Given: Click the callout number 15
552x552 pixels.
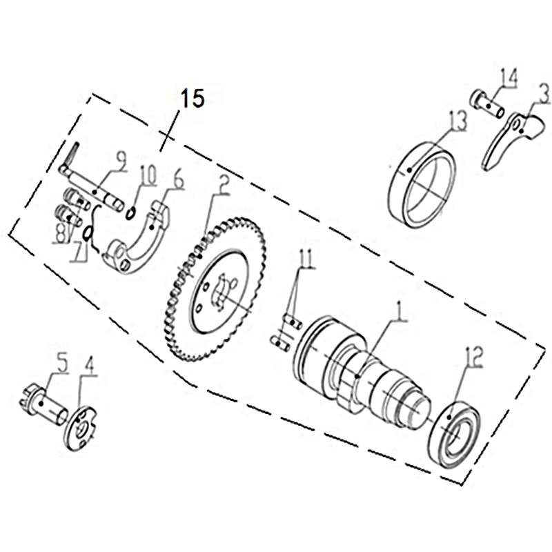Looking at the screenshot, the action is tap(193, 98).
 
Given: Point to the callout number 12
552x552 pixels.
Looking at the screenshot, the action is tap(475, 356).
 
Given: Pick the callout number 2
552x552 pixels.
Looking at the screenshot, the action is tap(223, 186).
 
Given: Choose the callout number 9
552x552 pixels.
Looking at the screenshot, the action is tap(119, 162).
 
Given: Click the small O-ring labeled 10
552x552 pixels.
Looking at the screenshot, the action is tap(130, 214).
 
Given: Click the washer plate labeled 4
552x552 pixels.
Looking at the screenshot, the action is tap(80, 427).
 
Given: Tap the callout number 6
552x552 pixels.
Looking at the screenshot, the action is tap(179, 181).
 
